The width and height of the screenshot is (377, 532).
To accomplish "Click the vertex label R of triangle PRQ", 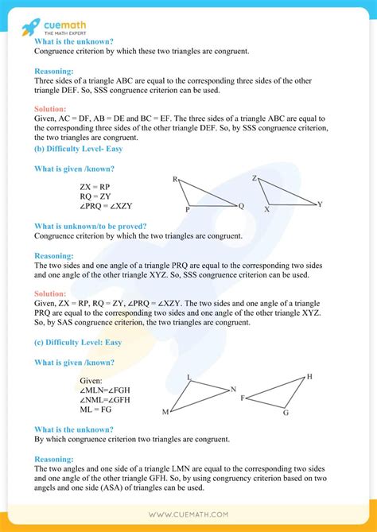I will click(175, 180).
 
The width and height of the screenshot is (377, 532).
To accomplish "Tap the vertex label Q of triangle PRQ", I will click(242, 205).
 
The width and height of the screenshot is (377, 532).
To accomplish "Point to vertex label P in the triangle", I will click(188, 209).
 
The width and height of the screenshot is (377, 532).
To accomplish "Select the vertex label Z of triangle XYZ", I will click(254, 178).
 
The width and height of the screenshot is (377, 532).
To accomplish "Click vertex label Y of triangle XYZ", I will click(320, 204).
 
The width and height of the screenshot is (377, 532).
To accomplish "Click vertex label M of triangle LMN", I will click(165, 412).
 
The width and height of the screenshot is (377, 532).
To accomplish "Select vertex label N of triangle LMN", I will click(233, 389).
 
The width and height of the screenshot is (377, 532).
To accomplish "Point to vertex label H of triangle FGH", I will click(309, 376).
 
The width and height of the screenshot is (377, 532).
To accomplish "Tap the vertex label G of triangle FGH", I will click(285, 414).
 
